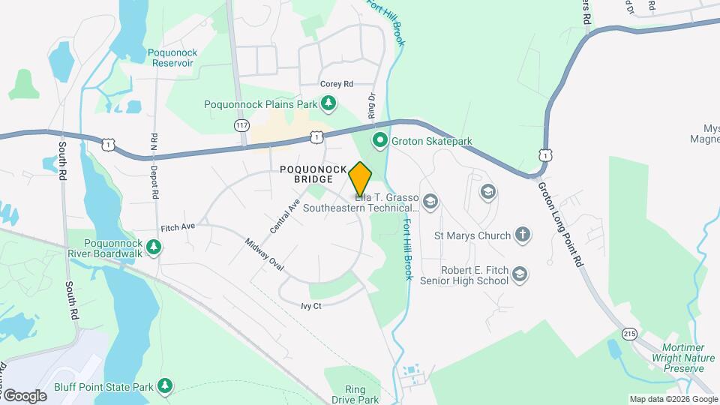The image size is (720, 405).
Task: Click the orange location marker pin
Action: point(360,178)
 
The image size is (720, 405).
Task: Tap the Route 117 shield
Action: point(241,124)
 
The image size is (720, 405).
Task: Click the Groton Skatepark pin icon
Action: point(380,140)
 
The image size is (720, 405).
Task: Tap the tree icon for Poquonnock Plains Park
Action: point(328,103)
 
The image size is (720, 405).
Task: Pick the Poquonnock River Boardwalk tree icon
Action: point(154,247)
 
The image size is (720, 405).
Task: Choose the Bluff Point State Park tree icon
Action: point(164,386)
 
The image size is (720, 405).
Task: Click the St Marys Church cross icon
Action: point(523,235)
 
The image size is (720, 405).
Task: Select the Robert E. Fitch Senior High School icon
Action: point(520,275)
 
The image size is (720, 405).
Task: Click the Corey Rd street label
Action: point(336,85)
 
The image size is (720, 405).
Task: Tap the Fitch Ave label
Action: point(178,226)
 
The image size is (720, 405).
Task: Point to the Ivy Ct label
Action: point(310,306)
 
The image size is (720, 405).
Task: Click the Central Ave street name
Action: point(285,215)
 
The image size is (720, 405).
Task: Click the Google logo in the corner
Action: point(25,396)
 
